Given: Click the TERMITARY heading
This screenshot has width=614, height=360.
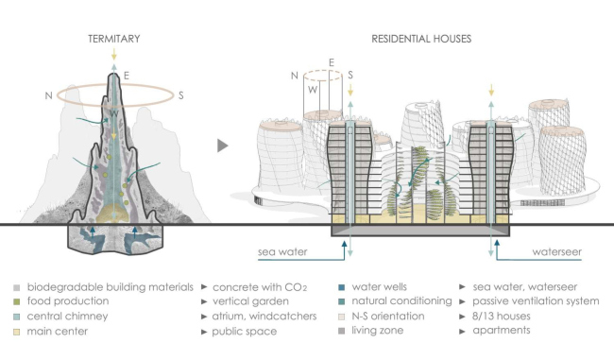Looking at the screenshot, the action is click(x=114, y=39).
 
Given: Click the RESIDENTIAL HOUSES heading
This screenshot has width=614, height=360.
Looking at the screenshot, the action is click(x=421, y=39).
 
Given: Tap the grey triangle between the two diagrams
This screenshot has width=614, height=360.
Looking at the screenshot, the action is click(x=222, y=146).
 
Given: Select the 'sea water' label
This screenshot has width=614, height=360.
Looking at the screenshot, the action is click(x=282, y=252).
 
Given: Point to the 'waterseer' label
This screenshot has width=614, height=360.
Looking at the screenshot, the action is click(x=556, y=252).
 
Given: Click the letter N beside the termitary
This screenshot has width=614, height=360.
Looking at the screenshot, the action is click(x=48, y=95).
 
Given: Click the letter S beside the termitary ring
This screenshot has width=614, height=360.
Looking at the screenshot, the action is click(x=181, y=95).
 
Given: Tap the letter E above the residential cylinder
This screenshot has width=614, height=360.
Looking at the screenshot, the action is click(x=332, y=62).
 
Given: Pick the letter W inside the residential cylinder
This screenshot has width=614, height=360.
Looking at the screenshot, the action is click(x=313, y=90).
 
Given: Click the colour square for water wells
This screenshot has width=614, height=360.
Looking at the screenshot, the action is click(x=341, y=287).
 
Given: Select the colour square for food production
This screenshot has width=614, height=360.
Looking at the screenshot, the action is click(x=16, y=301).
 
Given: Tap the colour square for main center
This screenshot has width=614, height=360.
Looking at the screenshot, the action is click(x=16, y=332).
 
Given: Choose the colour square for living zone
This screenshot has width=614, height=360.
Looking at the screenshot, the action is click(x=341, y=331).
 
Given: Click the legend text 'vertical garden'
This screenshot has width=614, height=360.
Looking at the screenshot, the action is click(x=250, y=301).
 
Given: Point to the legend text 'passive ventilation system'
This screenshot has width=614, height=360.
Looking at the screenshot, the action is click(x=536, y=301).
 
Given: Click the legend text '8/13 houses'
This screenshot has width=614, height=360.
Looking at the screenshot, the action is click(x=502, y=317).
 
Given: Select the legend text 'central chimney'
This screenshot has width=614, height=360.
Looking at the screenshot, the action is click(x=67, y=317).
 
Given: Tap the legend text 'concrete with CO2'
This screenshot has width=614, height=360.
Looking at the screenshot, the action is click(x=260, y=287).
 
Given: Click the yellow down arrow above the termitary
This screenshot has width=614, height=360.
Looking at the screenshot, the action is click(x=114, y=54).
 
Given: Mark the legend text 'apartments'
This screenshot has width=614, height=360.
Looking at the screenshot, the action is click(x=502, y=330).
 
